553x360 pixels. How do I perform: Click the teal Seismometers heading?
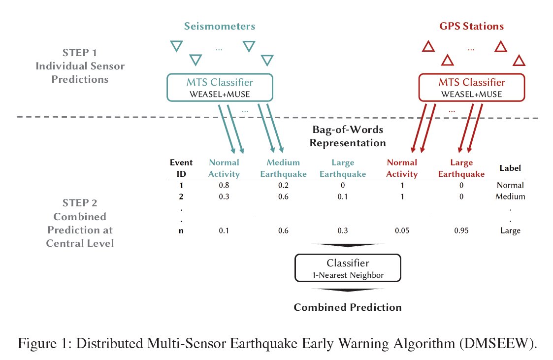220,26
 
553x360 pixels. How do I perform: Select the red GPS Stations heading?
471,26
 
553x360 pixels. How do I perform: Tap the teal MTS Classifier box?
220,87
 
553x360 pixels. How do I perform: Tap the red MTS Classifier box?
471,87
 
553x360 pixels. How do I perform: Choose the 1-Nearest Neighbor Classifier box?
348,267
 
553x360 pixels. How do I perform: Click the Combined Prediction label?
348,307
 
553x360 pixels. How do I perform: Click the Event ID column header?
181,168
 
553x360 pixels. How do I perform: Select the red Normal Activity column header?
402,168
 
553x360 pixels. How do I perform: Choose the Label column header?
510,168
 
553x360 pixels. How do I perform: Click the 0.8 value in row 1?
224,186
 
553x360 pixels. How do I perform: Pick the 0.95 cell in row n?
461,230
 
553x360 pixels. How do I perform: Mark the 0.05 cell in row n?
402,230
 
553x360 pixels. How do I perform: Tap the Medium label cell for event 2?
510,196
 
